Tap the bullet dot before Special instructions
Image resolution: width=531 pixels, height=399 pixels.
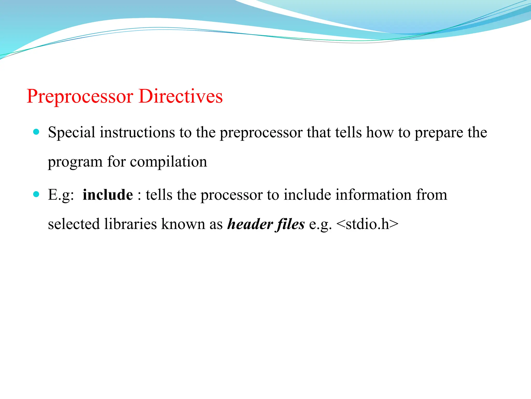point(36,132)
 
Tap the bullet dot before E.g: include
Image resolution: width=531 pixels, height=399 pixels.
point(36,194)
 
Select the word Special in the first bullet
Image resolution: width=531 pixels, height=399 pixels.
point(72,132)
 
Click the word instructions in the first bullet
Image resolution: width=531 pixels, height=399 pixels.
point(137,132)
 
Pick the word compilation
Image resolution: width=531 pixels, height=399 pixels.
point(169,162)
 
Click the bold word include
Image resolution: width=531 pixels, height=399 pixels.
point(108,195)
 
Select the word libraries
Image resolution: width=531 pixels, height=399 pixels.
point(130,224)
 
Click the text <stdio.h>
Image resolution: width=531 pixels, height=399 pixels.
point(367,224)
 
